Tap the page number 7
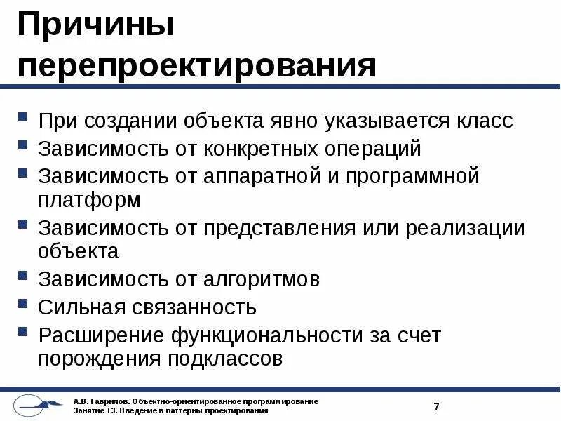pyautogui.click(x=436, y=406)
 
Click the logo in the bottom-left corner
pyautogui.click(x=35, y=406)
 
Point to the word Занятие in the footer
pyautogui.click(x=88, y=410)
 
